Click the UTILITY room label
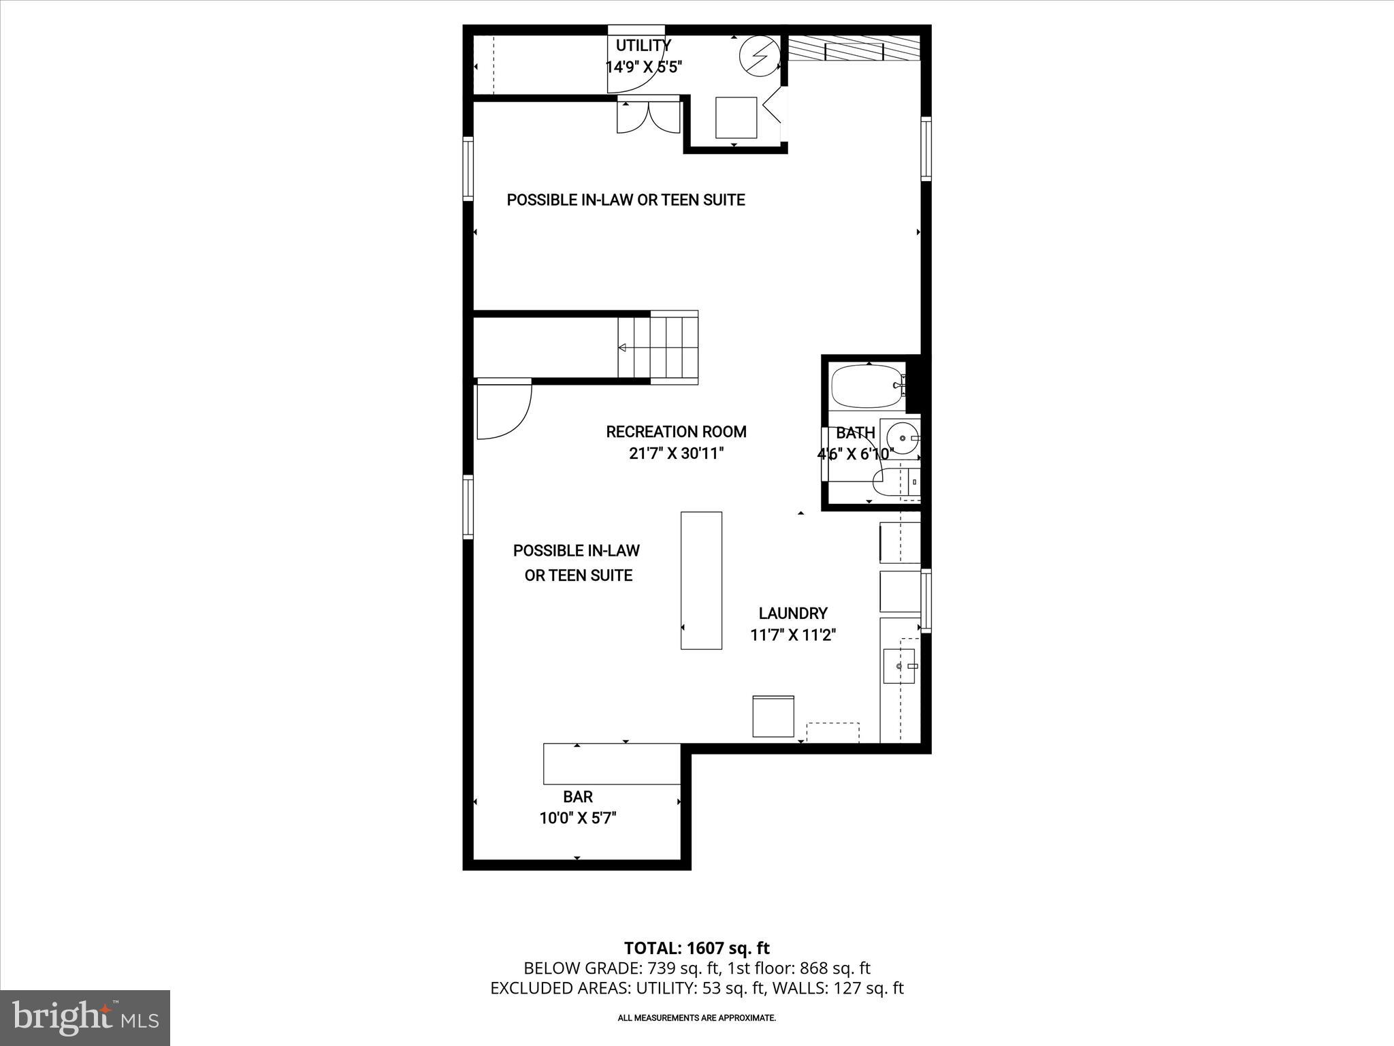[x=643, y=46]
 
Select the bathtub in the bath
[x=866, y=386]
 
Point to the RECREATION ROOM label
[x=676, y=432]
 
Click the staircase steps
[x=658, y=347]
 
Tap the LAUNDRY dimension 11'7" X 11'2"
[x=793, y=635]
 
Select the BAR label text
[x=577, y=797]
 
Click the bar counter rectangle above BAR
[x=611, y=764]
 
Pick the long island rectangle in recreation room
[x=701, y=580]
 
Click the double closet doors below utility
[x=649, y=117]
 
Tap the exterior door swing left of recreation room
[x=502, y=410]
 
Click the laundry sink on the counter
[x=899, y=666]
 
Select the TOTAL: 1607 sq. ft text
[x=696, y=948]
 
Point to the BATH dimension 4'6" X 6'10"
[x=855, y=454]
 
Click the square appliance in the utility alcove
[x=736, y=118]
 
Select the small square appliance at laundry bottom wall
[x=773, y=716]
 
